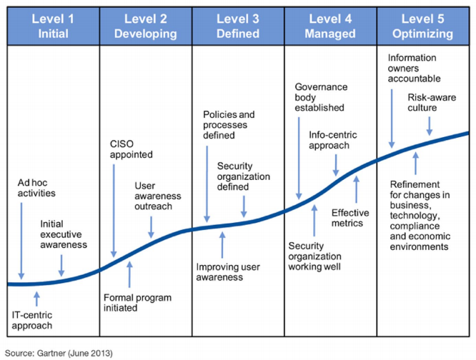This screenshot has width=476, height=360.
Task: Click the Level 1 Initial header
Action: (52, 25)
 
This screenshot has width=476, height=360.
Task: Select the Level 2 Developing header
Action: (145, 25)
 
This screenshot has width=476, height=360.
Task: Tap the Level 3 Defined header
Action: (238, 25)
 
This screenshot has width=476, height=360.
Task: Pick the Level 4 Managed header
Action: (330, 25)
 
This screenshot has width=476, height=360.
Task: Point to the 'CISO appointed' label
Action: (131, 149)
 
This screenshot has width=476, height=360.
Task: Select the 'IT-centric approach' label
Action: (33, 320)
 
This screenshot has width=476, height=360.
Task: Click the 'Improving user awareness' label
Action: (228, 271)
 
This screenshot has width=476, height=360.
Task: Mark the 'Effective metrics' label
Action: (350, 218)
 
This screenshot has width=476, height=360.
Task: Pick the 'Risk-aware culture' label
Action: (432, 103)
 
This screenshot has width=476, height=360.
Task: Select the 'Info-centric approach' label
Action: (329, 139)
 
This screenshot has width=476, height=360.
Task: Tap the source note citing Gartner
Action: (56, 352)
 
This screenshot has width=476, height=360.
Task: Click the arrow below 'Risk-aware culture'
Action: (430, 124)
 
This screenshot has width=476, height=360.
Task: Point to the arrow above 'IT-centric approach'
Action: (37, 297)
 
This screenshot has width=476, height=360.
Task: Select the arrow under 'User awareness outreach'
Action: (151, 226)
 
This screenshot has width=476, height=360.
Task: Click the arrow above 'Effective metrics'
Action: (356, 190)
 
